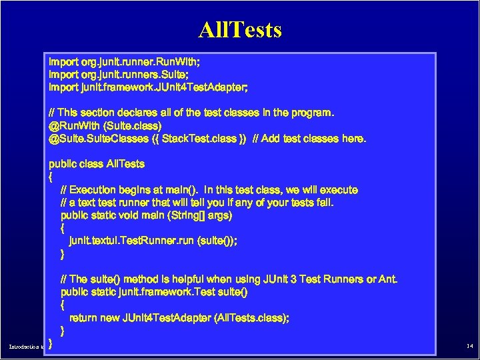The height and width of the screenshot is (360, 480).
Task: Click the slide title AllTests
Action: point(240,29)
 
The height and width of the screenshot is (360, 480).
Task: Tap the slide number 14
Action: point(469,347)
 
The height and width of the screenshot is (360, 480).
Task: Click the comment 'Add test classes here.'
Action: point(314,139)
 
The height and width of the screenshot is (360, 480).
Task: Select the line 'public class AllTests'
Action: point(97,163)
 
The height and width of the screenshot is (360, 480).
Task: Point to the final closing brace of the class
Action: point(51,344)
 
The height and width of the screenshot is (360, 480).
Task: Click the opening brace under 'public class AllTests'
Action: point(51,177)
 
